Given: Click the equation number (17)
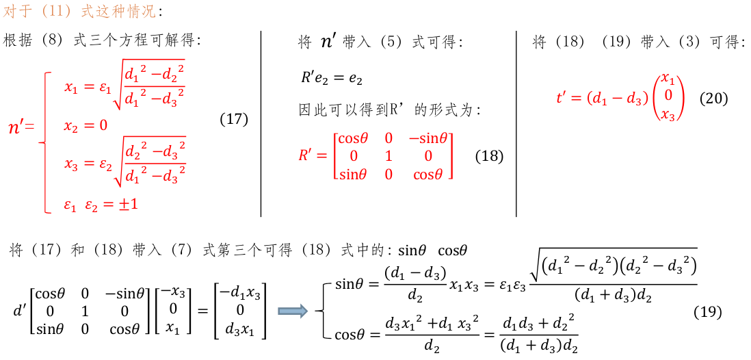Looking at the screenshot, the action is [x=234, y=119].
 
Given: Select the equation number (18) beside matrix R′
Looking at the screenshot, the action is [x=489, y=157].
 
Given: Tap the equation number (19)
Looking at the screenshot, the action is [x=707, y=312].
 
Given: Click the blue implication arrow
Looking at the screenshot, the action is [x=293, y=311].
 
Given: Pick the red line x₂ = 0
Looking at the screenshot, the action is [x=86, y=126].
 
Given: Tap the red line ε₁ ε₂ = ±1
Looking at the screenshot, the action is [x=101, y=204].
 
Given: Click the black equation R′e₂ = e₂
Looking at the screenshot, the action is [x=331, y=78].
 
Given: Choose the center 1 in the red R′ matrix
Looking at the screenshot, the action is [x=388, y=155].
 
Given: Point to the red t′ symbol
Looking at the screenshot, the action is [x=562, y=99].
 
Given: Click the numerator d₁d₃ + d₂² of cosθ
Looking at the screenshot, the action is [x=538, y=324].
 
